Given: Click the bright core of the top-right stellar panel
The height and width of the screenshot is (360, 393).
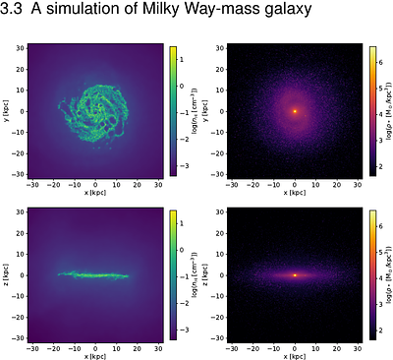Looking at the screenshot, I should pyautogui.click(x=295, y=111).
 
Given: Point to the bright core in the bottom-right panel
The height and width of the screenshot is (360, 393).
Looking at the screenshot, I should pyautogui.click(x=295, y=274).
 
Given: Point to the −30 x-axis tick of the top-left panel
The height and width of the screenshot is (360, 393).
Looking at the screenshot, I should pyautogui.click(x=33, y=185).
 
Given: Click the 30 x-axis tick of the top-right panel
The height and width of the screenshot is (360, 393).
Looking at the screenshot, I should pyautogui.click(x=358, y=185).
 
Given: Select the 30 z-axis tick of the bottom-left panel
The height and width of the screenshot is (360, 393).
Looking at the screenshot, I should pyautogui.click(x=22, y=212).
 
